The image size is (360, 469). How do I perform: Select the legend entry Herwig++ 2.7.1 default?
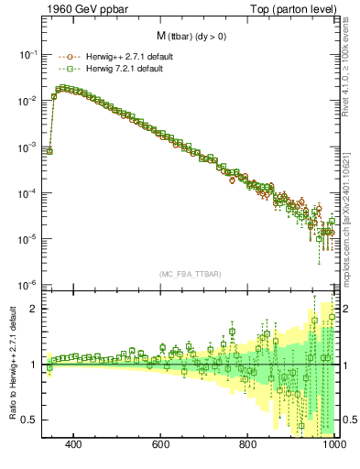point(127,56)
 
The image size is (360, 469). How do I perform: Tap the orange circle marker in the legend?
point(71,56)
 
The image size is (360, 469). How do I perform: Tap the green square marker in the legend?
point(71,69)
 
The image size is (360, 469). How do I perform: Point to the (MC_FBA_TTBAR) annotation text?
point(191,274)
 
